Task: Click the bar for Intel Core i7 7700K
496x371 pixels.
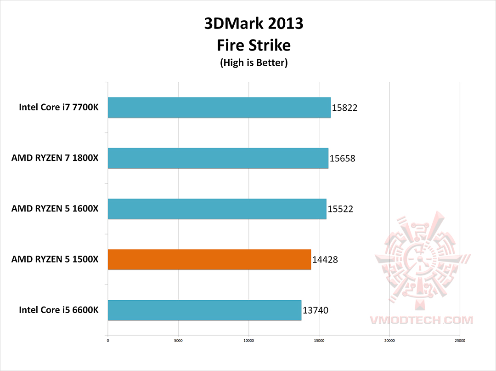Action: [x=219, y=108]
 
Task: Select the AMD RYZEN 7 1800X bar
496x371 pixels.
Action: [x=218, y=158]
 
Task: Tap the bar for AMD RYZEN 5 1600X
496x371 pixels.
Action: [x=217, y=209]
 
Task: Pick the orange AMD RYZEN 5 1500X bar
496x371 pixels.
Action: [x=209, y=259]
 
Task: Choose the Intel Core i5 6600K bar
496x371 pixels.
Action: [x=204, y=310]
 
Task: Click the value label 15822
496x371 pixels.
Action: [x=344, y=108]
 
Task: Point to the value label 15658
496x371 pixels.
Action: [x=343, y=159]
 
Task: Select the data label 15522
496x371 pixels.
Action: [x=340, y=210]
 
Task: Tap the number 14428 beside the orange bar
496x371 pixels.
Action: [x=325, y=260]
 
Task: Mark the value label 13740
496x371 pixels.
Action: [x=316, y=311]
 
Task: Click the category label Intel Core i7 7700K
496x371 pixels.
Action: [x=59, y=108]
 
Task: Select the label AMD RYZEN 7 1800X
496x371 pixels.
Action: [x=55, y=158]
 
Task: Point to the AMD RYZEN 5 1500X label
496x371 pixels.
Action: [x=55, y=259]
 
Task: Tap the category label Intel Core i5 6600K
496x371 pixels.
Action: [x=59, y=310]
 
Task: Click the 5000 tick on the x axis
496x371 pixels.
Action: [x=178, y=341]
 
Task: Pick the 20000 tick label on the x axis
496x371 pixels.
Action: [x=389, y=341]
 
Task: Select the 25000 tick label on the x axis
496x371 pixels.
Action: [x=460, y=341]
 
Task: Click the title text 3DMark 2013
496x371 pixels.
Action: [x=254, y=23]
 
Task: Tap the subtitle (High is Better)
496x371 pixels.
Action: [x=254, y=63]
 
